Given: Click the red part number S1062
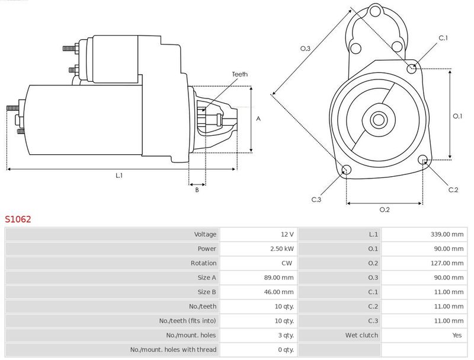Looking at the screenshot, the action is coord(18,219).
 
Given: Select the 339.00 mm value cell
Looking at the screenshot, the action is coord(447,234).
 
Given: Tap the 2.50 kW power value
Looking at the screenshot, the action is coord(282,249).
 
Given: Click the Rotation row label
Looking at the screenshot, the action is coord(203,263).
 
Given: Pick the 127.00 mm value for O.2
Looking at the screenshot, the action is coord(447,263).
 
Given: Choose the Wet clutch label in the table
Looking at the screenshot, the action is coord(361,335).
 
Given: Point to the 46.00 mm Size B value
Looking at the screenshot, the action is coord(278,292).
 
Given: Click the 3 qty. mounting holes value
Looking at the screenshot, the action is coord(286,335).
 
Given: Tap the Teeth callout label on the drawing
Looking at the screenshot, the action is coord(240,74).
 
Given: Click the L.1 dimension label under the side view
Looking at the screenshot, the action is coord(119,175).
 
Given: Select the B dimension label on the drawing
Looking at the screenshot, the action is coord(197,190).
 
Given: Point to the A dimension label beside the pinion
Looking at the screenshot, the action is coord(258,119).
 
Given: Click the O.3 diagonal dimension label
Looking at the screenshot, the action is coord(305,49).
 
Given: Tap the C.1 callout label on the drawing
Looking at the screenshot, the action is coord(443,38).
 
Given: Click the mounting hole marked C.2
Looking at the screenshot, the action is coord(423,160).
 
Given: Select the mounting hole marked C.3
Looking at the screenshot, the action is coord(346,170).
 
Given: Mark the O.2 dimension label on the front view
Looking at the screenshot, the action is coord(385,209).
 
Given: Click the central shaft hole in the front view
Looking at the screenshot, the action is coord(379,120).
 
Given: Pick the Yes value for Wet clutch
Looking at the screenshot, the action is coord(457,335).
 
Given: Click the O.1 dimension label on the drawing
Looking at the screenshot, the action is coord(457,116).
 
